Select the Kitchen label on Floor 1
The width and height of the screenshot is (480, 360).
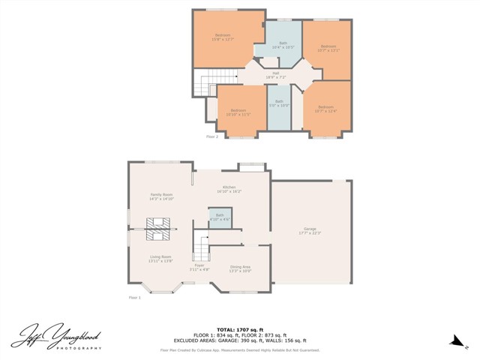229,189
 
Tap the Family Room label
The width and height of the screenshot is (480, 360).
162,196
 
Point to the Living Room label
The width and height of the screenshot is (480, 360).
160,259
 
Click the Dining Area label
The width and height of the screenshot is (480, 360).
240,268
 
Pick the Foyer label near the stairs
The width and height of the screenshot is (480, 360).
199,266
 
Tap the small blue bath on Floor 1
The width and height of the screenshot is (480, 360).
220,217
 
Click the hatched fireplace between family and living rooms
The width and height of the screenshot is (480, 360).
158,228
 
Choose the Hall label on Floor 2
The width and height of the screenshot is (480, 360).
275,75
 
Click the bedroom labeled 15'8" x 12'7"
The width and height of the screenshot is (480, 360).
223,37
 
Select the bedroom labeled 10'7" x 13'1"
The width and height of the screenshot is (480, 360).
328,49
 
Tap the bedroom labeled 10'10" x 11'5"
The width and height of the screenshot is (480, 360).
238,112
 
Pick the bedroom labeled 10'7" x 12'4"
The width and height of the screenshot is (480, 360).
325,109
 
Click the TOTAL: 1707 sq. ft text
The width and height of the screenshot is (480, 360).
239,329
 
